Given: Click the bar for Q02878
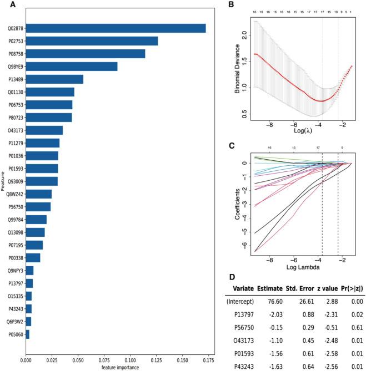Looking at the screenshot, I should pos(116,28).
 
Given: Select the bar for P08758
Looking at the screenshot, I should pos(85,54).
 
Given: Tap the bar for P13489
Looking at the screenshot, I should pos(54,79).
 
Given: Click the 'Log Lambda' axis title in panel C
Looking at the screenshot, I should pos(300,267).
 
